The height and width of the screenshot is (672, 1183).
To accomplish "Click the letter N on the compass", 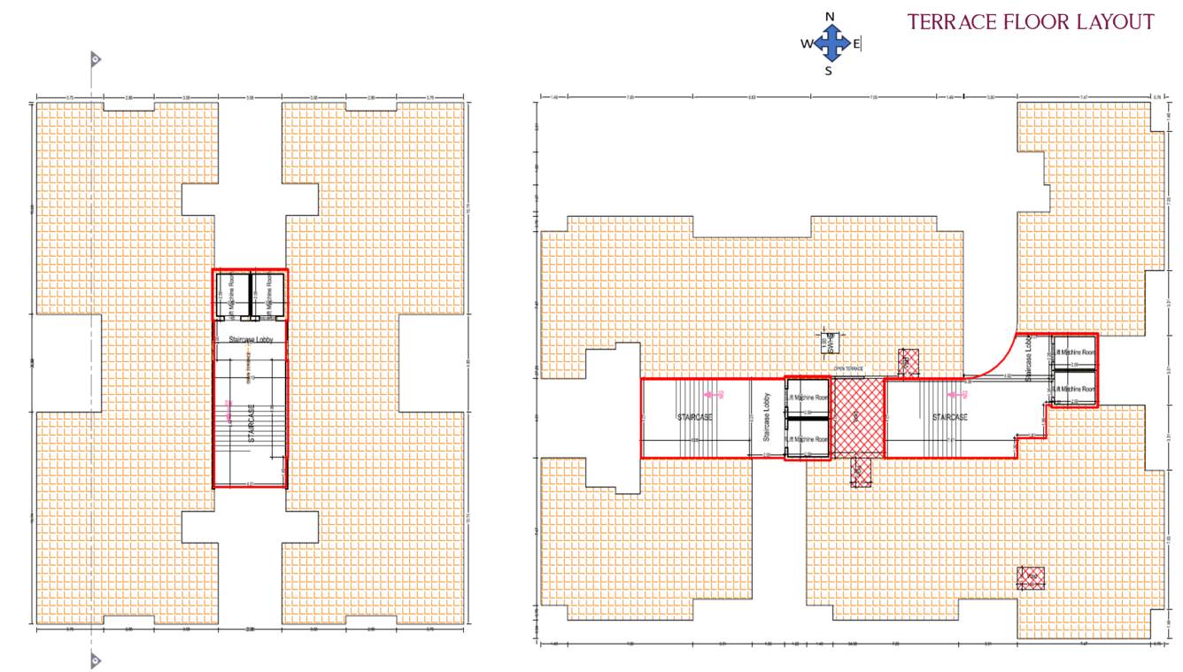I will [x=830, y=16].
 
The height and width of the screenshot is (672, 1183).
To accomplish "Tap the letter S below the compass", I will [x=829, y=72].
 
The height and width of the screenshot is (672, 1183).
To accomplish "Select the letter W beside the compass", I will [x=806, y=43].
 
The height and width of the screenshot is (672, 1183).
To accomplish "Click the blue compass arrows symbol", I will [x=831, y=42].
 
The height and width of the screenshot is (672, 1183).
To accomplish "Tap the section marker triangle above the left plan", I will [x=95, y=59].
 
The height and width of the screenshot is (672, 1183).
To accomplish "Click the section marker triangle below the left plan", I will [x=95, y=660].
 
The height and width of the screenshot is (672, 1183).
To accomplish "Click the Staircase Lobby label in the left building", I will [x=251, y=339].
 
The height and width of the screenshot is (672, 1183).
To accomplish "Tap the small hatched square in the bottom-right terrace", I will [x=1031, y=578].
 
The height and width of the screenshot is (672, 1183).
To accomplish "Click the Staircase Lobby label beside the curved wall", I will [x=1029, y=359].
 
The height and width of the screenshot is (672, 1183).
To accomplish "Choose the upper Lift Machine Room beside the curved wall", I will [x=1074, y=351].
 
